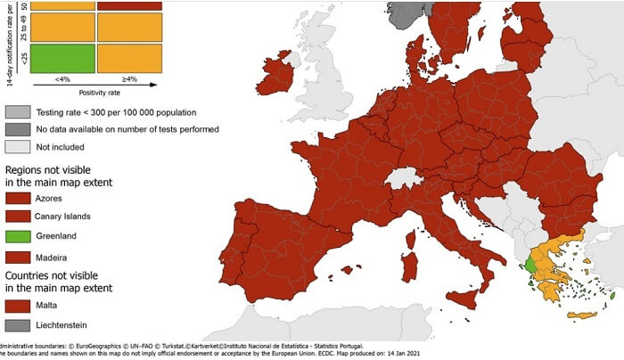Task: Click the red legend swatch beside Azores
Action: (19, 197)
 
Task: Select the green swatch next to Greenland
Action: (19, 237)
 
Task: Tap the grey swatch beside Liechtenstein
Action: (19, 324)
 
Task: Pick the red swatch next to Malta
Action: (19, 304)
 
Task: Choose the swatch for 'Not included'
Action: (19, 147)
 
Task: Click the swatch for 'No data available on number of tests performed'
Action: (19, 129)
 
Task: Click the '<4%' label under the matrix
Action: (63, 78)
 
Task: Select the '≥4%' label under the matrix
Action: (130, 78)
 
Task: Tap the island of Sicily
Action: (464, 299)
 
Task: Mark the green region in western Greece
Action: (531, 265)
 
